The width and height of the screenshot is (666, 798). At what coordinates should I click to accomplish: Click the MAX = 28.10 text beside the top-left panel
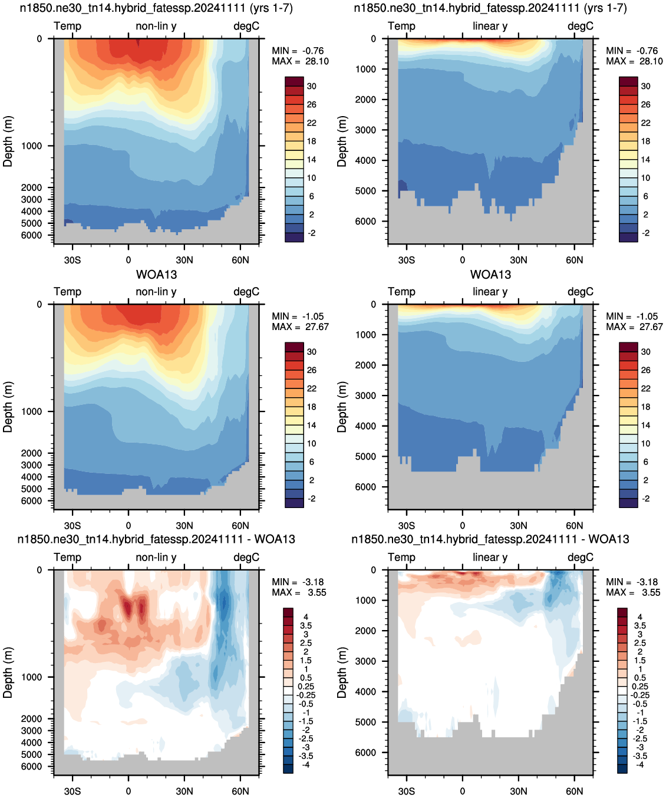click(300, 61)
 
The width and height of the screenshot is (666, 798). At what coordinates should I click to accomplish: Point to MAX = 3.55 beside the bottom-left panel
click(299, 592)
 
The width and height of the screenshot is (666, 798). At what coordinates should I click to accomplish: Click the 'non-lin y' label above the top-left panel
click(156, 26)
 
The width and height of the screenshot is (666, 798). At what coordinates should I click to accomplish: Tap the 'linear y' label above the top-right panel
click(490, 26)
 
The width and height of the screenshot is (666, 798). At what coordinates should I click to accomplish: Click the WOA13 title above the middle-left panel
click(156, 275)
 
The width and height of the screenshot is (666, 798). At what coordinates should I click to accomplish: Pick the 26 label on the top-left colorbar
click(312, 104)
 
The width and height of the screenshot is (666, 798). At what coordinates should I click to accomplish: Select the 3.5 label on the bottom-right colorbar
click(639, 626)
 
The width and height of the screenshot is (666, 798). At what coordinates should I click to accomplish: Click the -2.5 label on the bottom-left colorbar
click(305, 738)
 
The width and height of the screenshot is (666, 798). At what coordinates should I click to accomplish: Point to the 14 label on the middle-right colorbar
click(646, 425)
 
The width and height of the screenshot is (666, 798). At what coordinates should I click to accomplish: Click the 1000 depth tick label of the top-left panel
click(31, 146)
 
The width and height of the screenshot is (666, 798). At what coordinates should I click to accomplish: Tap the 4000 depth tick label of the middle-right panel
click(365, 426)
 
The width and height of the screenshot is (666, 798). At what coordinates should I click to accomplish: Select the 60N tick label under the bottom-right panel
click(574, 791)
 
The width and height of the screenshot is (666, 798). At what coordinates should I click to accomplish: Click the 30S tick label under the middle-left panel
click(72, 526)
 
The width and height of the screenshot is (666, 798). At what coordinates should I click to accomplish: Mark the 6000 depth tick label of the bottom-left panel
click(31, 766)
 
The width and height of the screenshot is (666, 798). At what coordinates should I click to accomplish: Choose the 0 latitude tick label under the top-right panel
click(462, 260)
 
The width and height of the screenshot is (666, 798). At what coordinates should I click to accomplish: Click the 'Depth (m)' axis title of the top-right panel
click(342, 141)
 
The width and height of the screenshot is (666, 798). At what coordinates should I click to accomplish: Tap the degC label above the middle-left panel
click(246, 292)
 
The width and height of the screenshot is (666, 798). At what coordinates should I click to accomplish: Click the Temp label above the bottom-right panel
click(401, 557)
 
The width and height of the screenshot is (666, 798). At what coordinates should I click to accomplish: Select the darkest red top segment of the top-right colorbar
click(628, 81)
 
